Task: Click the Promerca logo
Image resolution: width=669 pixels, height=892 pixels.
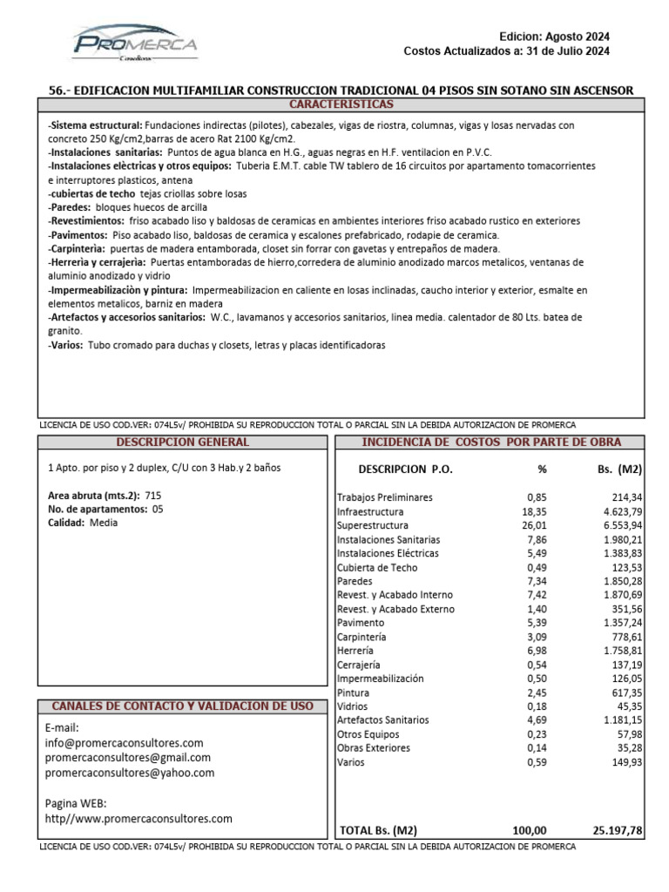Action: coord(135,44)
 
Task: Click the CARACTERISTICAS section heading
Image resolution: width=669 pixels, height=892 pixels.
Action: coord(341,105)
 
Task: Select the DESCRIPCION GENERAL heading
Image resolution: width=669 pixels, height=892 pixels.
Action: coord(182,443)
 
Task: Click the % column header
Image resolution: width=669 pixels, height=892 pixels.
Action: coord(542,469)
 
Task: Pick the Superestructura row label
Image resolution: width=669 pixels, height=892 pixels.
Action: coord(372,526)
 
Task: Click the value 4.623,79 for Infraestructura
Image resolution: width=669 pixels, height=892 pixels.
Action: coord(618,512)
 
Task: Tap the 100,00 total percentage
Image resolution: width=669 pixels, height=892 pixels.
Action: coord(529,831)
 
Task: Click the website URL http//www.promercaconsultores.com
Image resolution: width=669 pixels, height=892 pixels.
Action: coord(139,818)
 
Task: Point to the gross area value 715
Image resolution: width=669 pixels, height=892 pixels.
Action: coord(153,495)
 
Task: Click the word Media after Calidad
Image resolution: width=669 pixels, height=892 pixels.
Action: coord(104,523)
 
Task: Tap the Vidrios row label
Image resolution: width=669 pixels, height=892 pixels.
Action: coord(354,707)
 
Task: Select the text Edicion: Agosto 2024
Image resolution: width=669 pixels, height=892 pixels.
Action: coord(554,37)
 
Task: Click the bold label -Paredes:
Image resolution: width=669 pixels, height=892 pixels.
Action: coord(69,207)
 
